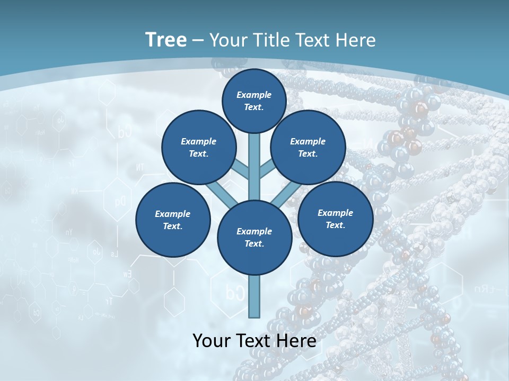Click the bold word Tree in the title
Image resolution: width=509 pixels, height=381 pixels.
[166, 40]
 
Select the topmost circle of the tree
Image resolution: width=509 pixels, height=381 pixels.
[254, 101]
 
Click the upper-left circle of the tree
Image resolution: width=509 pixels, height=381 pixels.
[198, 147]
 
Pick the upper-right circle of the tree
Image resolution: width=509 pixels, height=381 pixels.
[308, 147]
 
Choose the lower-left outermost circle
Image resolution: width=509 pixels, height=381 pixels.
[173, 220]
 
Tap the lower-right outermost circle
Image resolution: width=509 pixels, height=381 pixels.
[335, 219]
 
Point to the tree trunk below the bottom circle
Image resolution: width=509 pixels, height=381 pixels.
[254, 296]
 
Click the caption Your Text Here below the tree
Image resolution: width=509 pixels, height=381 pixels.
[254, 341]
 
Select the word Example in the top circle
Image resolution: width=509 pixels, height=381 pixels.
[254, 95]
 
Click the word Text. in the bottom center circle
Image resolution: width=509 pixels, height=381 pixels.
[254, 243]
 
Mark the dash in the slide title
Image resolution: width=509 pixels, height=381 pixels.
[198, 40]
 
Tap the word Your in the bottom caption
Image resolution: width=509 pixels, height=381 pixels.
[212, 341]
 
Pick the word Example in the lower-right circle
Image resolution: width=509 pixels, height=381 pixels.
[335, 213]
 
